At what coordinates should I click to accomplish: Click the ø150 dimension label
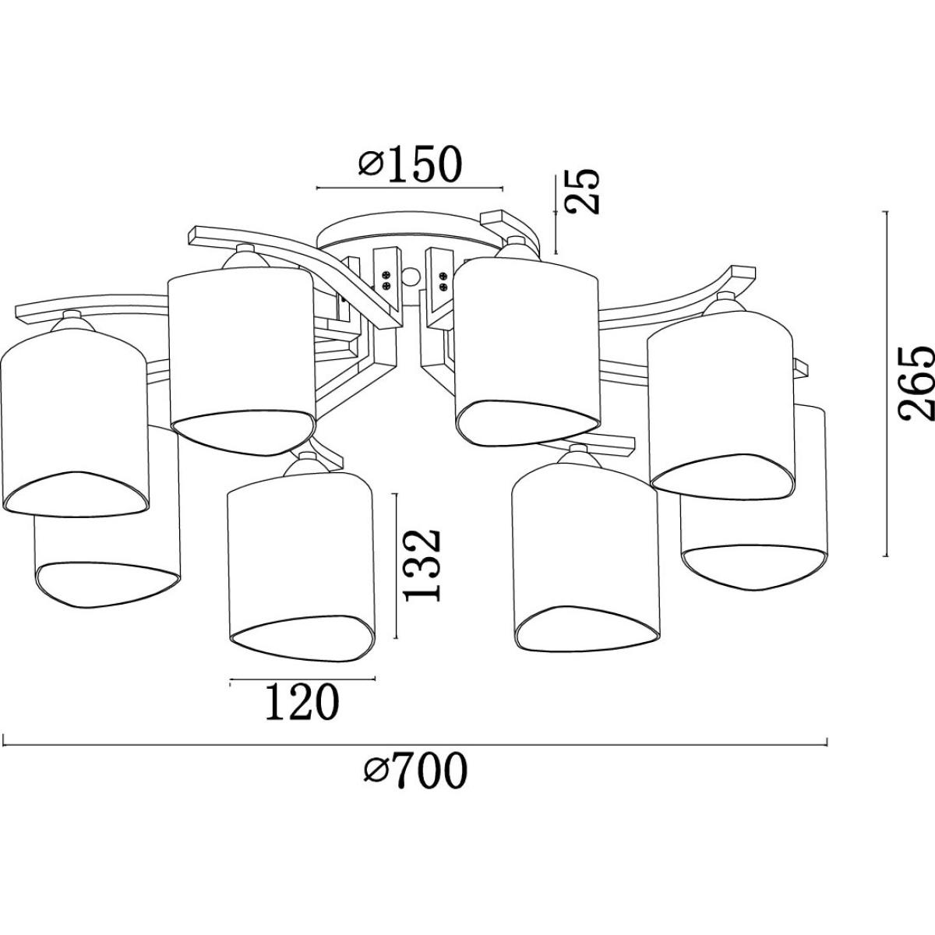click(411, 163)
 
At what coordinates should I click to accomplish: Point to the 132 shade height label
click(422, 565)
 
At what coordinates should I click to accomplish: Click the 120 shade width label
click(302, 701)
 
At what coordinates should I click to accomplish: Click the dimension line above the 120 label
click(302, 679)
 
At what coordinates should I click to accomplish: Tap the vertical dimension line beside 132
click(397, 566)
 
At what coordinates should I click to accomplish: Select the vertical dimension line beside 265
click(885, 384)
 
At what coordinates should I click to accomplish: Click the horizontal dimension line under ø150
click(410, 188)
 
